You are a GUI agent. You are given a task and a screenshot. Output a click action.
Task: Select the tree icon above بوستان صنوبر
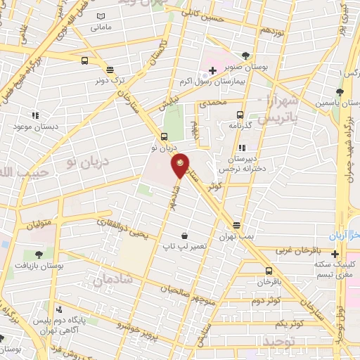click(x=245, y=56)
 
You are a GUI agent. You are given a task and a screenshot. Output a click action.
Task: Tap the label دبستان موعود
click(x=34, y=127)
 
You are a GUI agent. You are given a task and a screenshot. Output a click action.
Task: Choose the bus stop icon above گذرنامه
click(x=240, y=115)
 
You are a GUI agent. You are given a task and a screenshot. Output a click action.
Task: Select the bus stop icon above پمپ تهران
click(x=237, y=226)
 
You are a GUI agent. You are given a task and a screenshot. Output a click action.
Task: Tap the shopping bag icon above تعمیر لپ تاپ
click(x=184, y=236)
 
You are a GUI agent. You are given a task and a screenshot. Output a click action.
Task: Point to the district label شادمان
click(x=108, y=279)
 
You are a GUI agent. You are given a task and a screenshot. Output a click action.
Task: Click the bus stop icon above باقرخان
click(x=269, y=271)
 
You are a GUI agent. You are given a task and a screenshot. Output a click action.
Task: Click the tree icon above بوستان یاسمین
click(x=340, y=91)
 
